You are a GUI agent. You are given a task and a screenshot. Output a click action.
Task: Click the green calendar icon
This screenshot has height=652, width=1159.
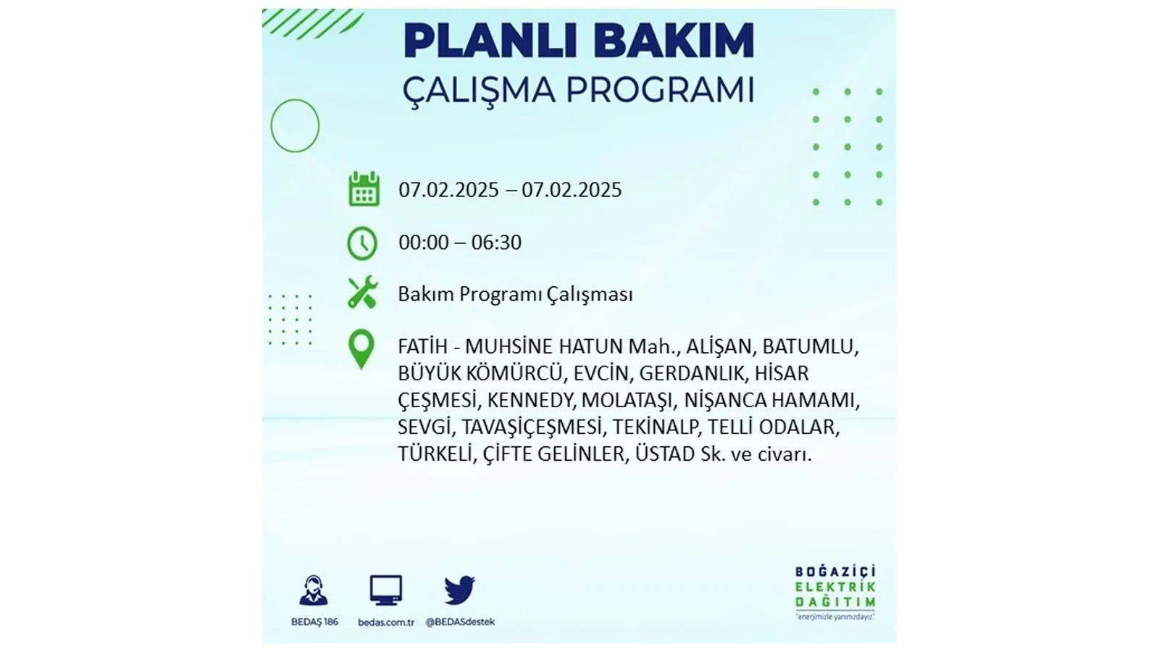[x=364, y=189]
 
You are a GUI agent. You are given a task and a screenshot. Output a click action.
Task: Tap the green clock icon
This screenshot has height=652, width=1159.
[x=362, y=243]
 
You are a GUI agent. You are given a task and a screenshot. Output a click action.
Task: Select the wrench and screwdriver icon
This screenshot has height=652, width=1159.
[x=363, y=293]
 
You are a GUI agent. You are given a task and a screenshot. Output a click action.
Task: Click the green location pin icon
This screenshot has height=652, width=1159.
[x=361, y=349]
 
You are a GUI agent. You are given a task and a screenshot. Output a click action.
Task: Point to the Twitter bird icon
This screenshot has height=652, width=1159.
[x=459, y=590]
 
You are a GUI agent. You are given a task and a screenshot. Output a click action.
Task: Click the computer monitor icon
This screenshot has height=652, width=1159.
[x=386, y=590]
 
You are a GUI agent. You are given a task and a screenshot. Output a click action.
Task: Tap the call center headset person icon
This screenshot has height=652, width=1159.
[x=314, y=590]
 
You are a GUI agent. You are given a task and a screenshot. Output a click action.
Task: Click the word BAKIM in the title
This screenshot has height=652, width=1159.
[x=674, y=41]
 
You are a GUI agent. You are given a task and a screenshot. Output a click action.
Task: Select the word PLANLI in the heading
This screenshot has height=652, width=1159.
[x=490, y=41]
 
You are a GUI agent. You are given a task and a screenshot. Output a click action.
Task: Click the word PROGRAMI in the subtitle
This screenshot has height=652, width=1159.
[x=660, y=91]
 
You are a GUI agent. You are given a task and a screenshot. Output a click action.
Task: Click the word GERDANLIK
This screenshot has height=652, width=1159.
[x=694, y=373]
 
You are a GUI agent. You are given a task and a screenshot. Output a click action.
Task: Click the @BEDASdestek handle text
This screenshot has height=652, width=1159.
[x=460, y=622]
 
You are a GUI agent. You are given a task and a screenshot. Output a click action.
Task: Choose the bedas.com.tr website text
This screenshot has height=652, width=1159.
[x=386, y=622]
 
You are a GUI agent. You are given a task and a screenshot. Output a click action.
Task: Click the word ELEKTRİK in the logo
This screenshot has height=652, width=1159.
[x=835, y=587]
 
